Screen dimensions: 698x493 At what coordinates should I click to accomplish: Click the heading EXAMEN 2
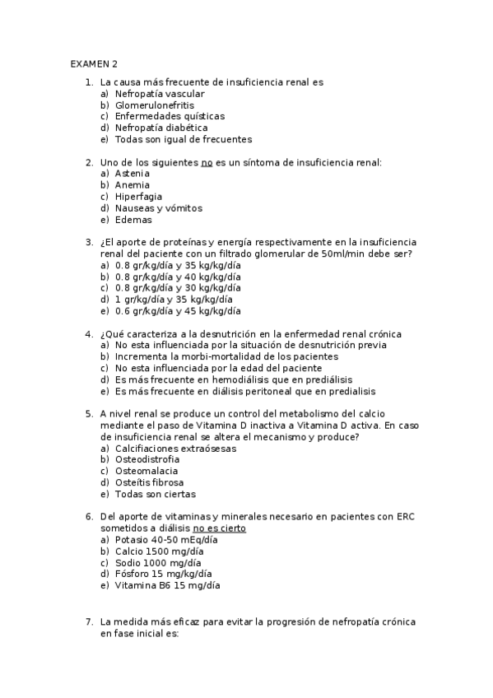(x=94, y=63)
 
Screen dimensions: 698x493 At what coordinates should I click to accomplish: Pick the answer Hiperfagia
(x=138, y=197)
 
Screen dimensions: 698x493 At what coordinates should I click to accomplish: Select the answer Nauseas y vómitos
(x=156, y=208)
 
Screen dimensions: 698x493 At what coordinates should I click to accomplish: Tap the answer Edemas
(x=133, y=220)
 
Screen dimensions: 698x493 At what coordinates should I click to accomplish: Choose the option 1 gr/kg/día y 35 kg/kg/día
(x=174, y=300)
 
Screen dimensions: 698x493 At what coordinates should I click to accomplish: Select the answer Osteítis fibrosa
(x=149, y=482)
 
